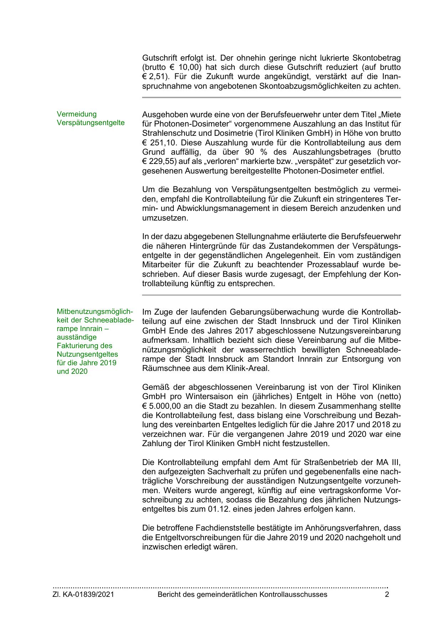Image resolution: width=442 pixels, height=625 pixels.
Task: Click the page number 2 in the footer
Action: click(387, 594)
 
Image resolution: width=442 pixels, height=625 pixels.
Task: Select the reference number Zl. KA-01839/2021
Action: click(84, 594)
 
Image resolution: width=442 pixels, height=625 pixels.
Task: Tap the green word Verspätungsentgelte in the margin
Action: click(91, 123)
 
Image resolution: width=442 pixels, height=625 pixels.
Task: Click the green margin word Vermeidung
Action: click(77, 114)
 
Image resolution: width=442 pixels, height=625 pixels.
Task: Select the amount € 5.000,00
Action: click(164, 406)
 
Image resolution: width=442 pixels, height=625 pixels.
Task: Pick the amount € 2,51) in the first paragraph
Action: click(154, 77)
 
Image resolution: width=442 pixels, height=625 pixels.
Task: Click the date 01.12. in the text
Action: click(218, 509)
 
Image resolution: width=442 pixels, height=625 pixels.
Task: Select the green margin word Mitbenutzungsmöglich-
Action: click(95, 311)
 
